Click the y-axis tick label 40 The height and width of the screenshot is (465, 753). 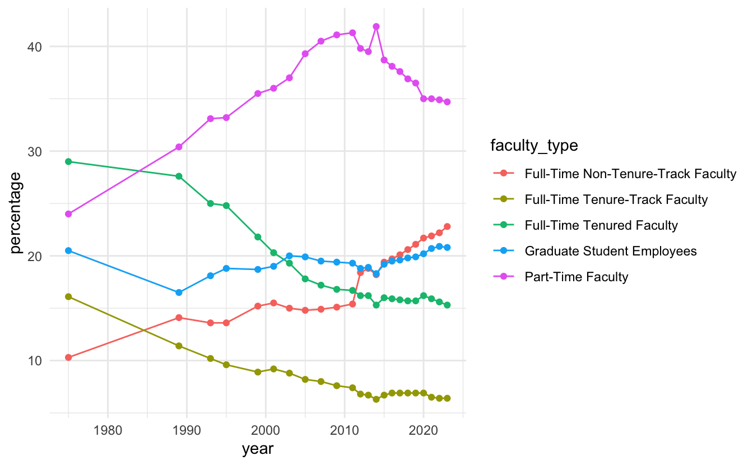(x=35, y=46)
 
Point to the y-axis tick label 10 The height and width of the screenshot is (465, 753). (x=35, y=361)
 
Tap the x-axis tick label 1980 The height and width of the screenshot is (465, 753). (x=108, y=430)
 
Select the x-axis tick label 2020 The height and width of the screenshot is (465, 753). (x=423, y=430)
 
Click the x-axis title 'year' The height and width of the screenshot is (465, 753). (x=258, y=449)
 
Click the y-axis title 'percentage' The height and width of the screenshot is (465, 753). (x=16, y=213)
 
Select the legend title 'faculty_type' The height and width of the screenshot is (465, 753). (x=534, y=146)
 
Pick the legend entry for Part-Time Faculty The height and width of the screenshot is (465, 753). (x=576, y=277)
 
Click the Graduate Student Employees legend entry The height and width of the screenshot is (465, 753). (x=611, y=251)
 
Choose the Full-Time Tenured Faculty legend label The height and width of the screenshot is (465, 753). (x=601, y=225)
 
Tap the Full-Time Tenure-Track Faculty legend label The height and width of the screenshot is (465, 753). (x=616, y=199)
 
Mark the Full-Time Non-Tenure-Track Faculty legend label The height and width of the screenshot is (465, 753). (x=630, y=174)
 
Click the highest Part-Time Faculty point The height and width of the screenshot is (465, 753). (x=376, y=26)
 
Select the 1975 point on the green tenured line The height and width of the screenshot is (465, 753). (x=68, y=162)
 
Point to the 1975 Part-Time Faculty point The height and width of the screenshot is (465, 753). (x=68, y=214)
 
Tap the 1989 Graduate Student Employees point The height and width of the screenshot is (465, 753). (x=179, y=292)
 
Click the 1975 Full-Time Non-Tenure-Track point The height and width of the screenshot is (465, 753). (x=68, y=357)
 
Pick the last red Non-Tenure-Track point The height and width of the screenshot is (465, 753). (x=447, y=226)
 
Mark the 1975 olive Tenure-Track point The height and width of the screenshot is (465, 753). (x=68, y=296)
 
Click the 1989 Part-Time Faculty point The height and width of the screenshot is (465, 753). (x=179, y=147)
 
